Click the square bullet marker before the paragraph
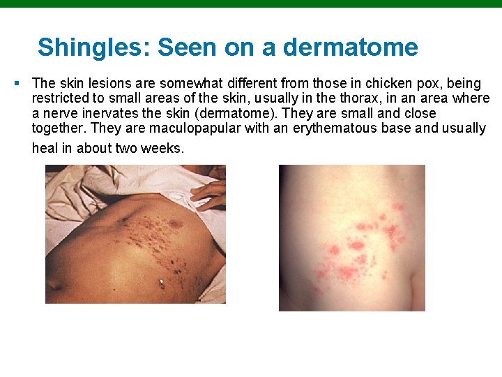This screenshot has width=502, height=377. point(16,83)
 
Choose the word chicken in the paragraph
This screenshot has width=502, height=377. point(387,84)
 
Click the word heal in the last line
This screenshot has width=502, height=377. point(45,148)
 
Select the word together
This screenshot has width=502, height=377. point(59,128)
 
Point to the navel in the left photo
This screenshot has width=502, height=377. point(162,282)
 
